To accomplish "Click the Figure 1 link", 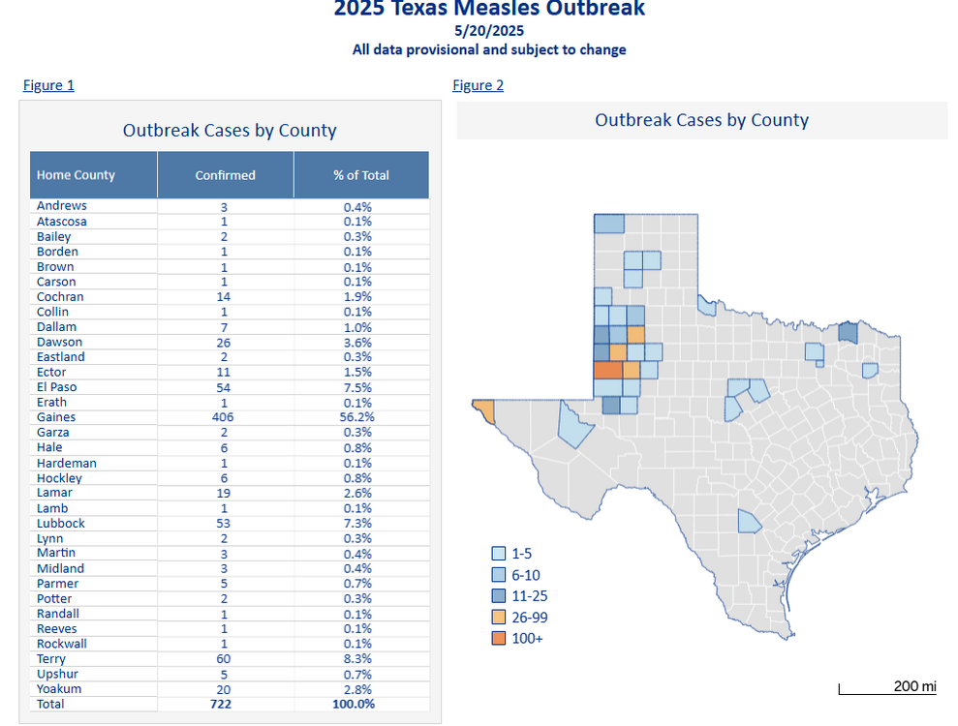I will [48, 85].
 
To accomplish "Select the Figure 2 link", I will [478, 85].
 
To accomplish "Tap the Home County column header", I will [76, 175].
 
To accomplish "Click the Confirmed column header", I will [225, 175].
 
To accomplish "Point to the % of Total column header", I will [360, 175].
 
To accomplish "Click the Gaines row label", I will [56, 417].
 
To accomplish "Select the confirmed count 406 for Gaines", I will [225, 417].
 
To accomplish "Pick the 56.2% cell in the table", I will [357, 417].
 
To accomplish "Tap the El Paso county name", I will [58, 387].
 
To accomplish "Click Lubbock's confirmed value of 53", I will [224, 524].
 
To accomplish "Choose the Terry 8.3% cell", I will [357, 659].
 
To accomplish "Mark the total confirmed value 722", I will [225, 704].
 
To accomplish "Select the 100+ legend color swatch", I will [498, 638].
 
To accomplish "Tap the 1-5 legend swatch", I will [498, 554].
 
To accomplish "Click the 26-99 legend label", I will [529, 617].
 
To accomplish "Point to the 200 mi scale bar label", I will [914, 686].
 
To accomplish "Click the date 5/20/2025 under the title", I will [488, 30].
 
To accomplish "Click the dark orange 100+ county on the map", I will [607, 370].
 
